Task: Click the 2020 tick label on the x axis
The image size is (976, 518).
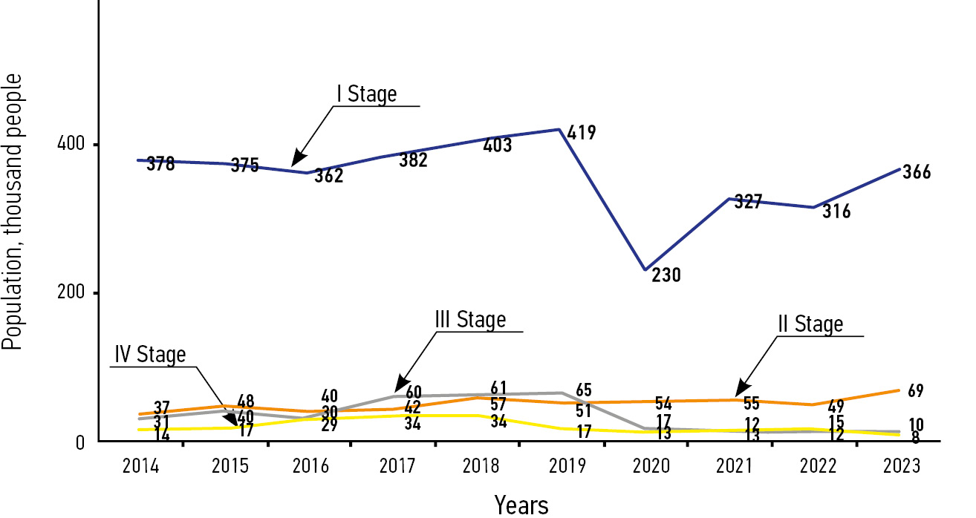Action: coord(651,466)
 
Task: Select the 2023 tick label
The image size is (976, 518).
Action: coord(902,466)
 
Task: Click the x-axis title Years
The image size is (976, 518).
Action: coord(521,505)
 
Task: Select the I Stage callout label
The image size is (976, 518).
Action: coord(366,95)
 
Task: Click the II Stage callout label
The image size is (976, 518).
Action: coord(810,325)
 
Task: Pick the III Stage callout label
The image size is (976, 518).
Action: coord(470,320)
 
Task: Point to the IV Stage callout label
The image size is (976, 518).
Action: coord(150,355)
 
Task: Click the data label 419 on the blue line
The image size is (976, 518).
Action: coord(582,134)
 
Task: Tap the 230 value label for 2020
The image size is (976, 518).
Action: coord(666,276)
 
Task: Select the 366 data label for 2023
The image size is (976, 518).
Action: coord(917,172)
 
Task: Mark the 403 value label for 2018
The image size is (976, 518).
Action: coord(498,145)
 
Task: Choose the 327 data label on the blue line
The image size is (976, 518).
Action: coord(749,202)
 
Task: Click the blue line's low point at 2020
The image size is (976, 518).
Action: coord(645,269)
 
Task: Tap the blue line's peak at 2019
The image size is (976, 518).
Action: coord(559,129)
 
